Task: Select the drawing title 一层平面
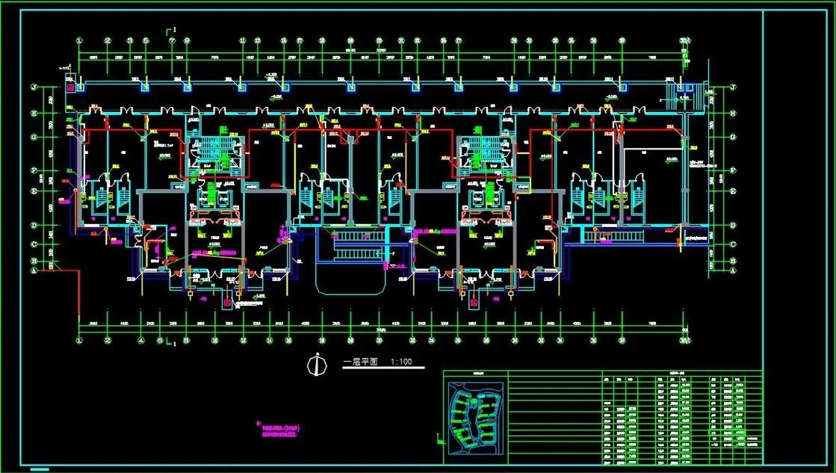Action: pos(361,362)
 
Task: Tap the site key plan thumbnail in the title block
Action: pos(475,418)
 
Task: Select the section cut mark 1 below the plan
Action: pos(170,344)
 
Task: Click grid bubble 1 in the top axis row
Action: pos(78,41)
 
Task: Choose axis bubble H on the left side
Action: pos(34,114)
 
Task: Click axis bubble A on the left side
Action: pos(34,270)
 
